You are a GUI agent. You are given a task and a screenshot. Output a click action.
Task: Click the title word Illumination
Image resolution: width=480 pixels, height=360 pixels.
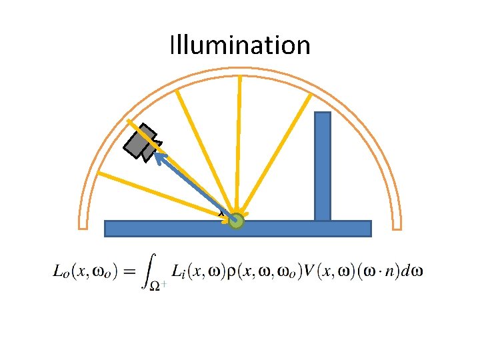coord(240,45)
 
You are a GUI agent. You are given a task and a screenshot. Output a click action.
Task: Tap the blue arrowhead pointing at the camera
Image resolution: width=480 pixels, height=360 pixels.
coord(160,156)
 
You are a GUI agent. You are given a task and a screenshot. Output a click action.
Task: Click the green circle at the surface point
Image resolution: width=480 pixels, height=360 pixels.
coord(237,221)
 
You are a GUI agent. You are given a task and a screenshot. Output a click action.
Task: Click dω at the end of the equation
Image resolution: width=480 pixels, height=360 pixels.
coord(414,271)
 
